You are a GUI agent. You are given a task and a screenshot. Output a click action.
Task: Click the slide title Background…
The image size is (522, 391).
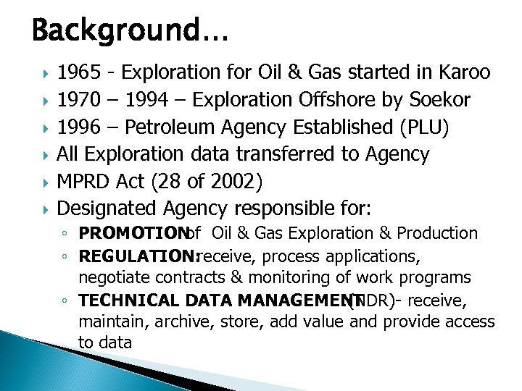129,31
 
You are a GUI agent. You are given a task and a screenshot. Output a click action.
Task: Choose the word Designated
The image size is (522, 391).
107,209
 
